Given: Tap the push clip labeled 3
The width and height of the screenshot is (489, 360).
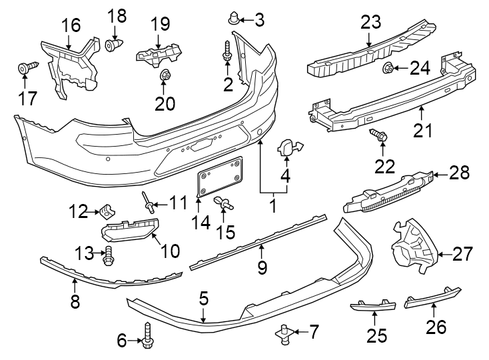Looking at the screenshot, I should coord(233,18).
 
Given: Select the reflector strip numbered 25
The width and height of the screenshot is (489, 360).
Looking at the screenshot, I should coord(373,306).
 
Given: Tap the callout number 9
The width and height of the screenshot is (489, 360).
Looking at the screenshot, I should coord(262,269).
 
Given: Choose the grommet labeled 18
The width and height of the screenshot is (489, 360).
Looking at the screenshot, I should coord(115,45).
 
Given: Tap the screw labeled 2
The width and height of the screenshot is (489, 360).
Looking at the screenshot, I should coord(227,54).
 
